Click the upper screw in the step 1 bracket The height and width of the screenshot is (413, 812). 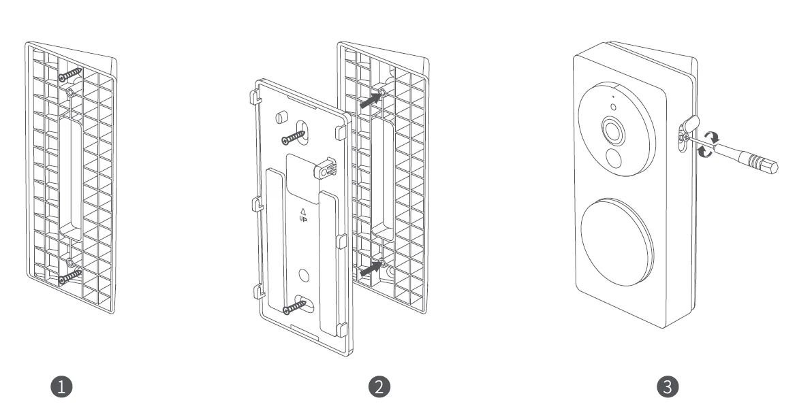click(x=71, y=74)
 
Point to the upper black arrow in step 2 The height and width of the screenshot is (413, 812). click(x=369, y=99)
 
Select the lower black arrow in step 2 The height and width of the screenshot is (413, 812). click(x=369, y=269)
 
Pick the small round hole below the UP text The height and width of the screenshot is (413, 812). click(x=303, y=274)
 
